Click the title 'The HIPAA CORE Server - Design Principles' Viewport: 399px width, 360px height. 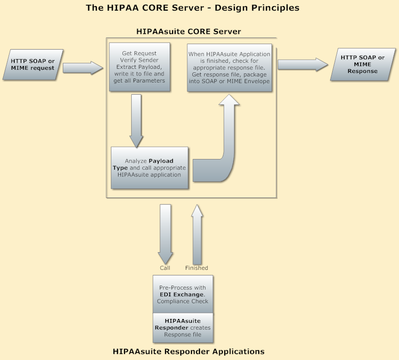192,8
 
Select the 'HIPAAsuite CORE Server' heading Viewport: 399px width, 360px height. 188,31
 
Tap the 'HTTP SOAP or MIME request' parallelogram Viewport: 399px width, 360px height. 33,65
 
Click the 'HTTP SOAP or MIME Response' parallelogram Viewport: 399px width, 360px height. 363,65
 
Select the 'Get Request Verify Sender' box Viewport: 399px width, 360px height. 139,67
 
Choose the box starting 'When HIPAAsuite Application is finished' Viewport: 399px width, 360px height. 229,67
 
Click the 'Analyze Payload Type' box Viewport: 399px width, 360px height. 149,168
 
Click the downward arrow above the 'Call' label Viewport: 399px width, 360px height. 166,233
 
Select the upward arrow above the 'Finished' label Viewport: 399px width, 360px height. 196,233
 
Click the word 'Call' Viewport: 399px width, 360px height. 165,268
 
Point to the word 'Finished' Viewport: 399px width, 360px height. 196,268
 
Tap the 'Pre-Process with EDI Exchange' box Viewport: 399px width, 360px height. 183,294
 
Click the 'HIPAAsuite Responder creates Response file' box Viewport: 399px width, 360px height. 183,328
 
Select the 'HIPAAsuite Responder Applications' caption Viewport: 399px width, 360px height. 188,351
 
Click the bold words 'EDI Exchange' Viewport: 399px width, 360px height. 182,294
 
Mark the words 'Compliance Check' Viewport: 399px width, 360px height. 183,301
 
